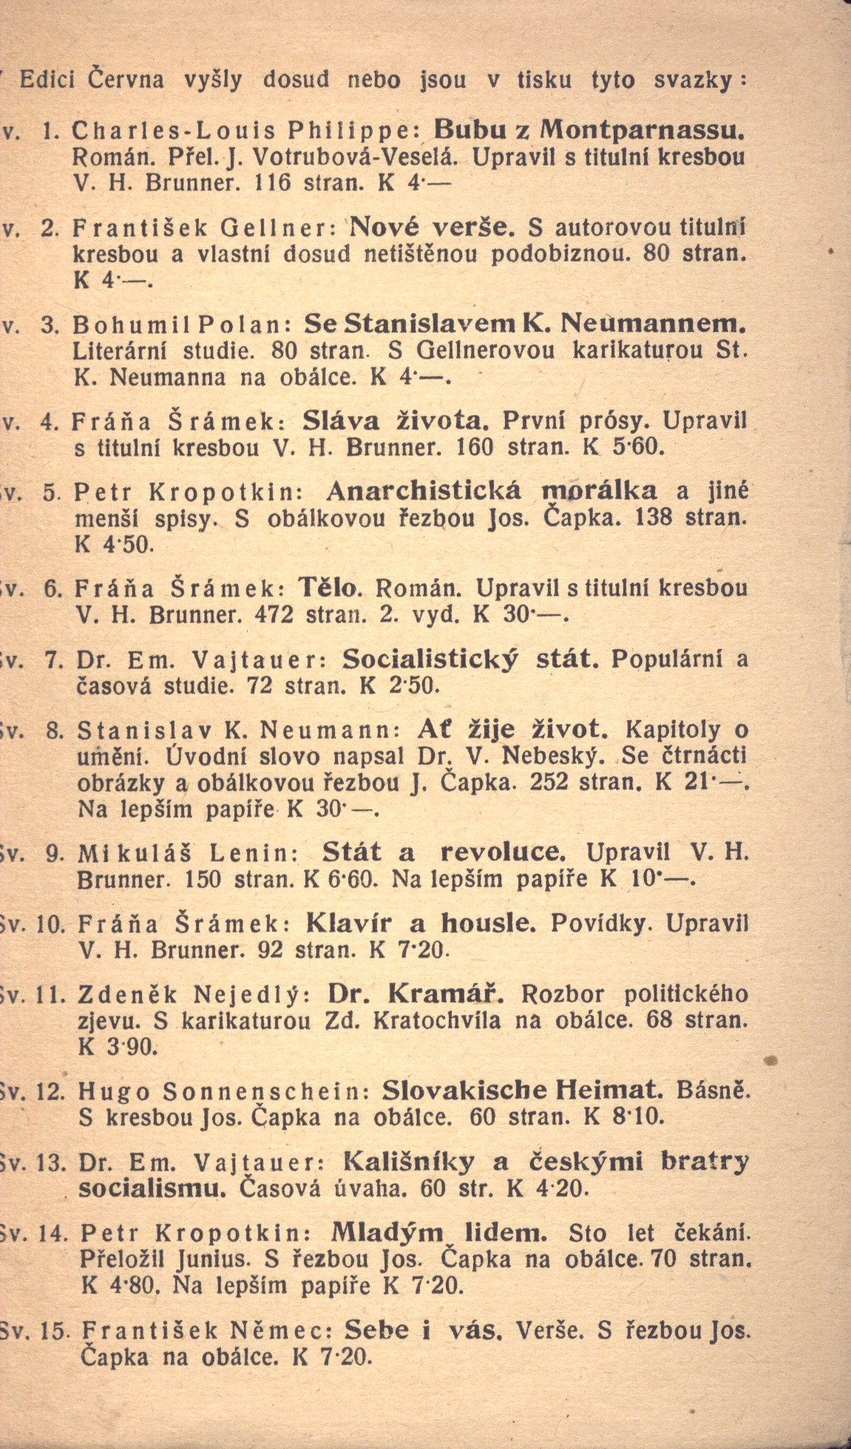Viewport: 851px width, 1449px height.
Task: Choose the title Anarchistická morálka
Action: click(x=491, y=491)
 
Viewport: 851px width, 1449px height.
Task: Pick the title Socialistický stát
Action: click(x=471, y=659)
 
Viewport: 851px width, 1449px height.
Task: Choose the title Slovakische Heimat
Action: click(x=519, y=1090)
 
